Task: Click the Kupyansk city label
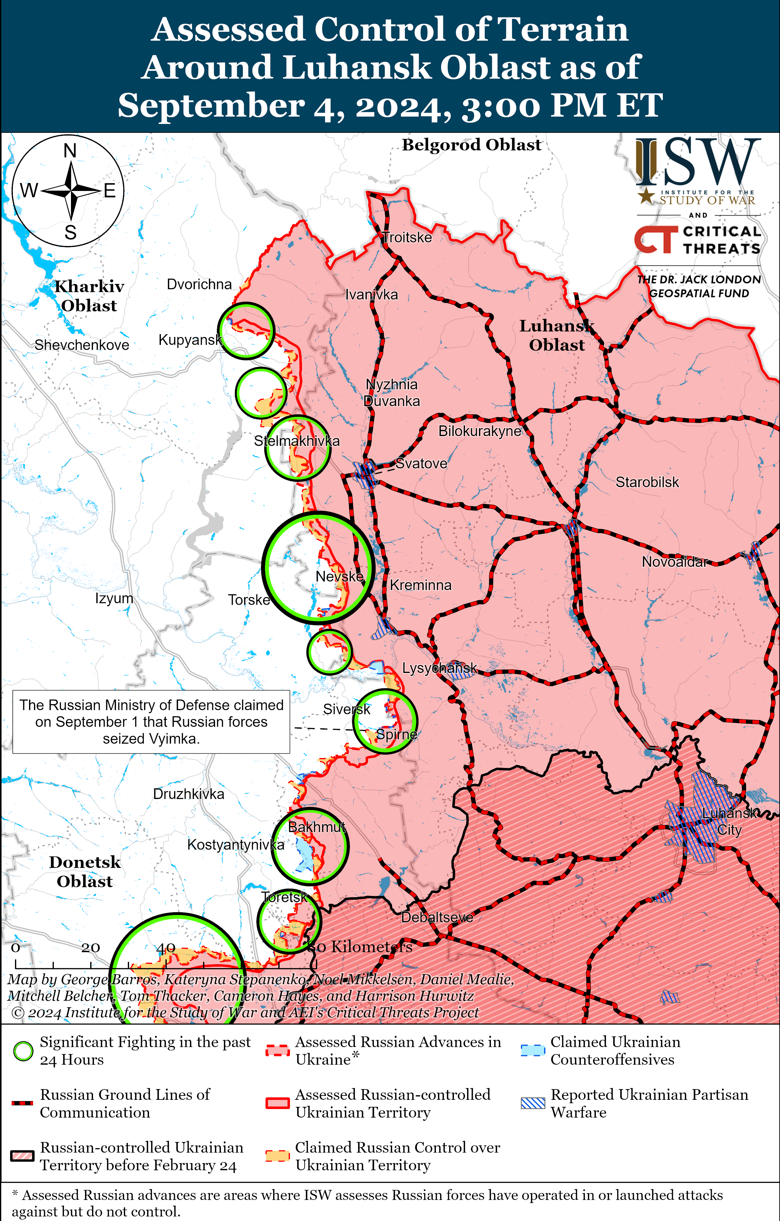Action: click(x=190, y=340)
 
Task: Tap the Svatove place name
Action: click(x=421, y=463)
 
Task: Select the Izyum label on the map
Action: click(x=114, y=598)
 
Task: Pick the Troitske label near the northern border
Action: click(x=407, y=237)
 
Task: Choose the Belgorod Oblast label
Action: click(x=471, y=145)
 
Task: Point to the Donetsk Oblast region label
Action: click(x=85, y=872)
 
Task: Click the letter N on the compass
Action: click(x=70, y=151)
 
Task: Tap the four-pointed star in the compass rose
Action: click(x=72, y=191)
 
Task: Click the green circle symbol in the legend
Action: click(x=23, y=1051)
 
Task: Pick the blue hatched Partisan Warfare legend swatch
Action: click(x=533, y=1103)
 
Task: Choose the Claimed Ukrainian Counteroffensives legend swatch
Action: click(x=533, y=1051)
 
